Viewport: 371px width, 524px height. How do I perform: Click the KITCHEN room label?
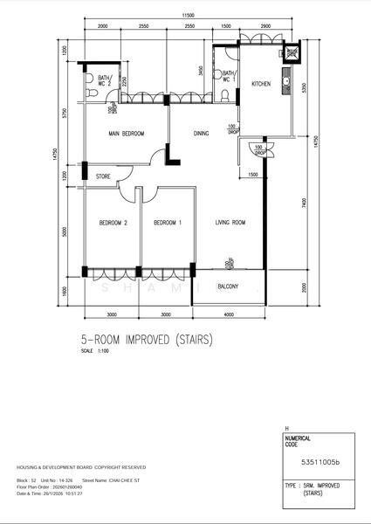pos(261,85)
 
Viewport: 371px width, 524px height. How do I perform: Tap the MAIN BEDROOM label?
pos(126,134)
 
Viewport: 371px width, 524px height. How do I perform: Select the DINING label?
pos(202,134)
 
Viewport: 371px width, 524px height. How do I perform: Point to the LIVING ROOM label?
pos(230,223)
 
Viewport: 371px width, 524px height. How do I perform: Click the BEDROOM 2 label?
pos(113,223)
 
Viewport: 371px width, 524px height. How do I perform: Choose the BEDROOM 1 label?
pos(167,223)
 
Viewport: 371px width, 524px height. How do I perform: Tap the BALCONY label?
pos(228,286)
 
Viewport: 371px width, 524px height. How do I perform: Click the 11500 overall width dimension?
pos(187,17)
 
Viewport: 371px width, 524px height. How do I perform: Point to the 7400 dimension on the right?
pos(303,203)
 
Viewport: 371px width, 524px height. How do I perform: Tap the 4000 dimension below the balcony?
pos(228,314)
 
